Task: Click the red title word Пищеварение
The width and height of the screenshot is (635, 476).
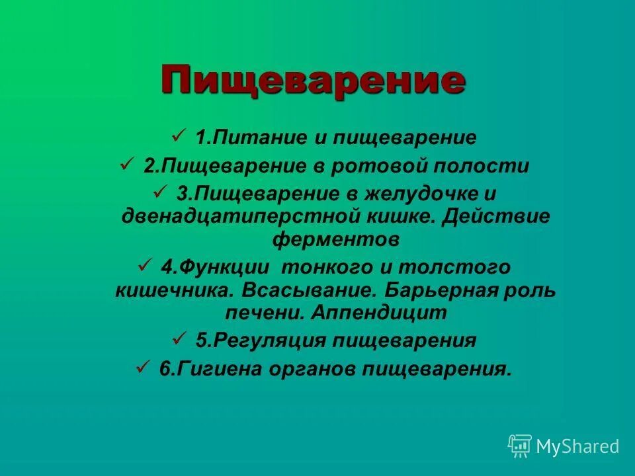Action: click(313, 81)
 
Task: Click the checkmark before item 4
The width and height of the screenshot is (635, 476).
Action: click(144, 266)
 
